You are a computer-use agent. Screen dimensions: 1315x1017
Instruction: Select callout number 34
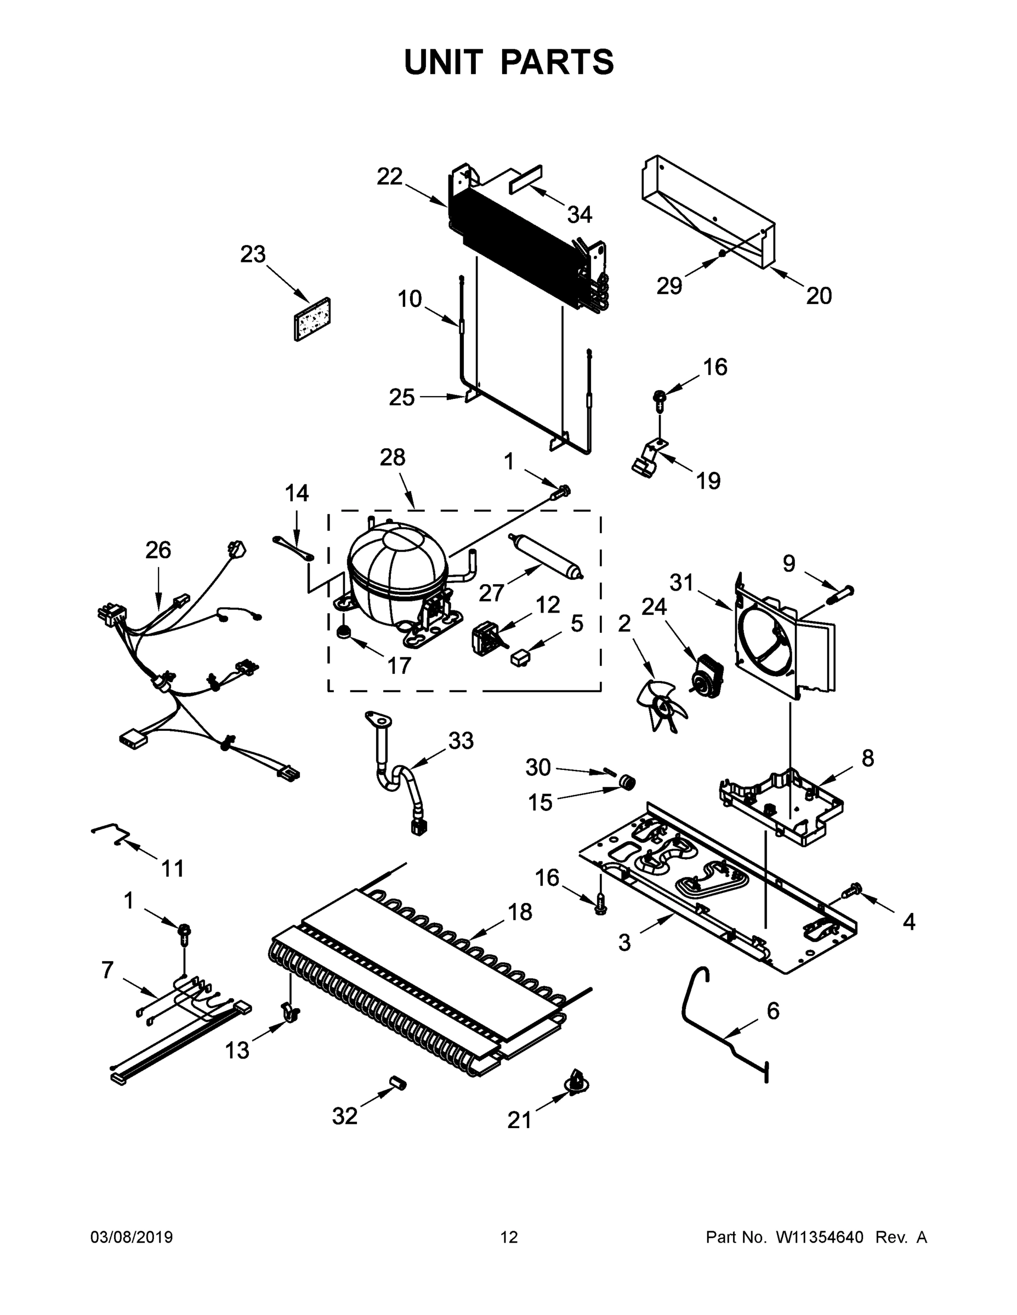point(579,214)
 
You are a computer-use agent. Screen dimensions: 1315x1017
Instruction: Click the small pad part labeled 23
point(312,319)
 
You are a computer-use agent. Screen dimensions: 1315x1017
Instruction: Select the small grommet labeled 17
point(345,632)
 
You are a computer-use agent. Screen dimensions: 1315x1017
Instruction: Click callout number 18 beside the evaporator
point(520,912)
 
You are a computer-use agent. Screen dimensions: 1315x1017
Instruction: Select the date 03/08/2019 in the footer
point(132,1237)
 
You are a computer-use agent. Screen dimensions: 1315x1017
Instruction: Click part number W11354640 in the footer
point(820,1237)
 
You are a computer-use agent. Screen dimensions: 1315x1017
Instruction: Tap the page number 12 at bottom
point(509,1237)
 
